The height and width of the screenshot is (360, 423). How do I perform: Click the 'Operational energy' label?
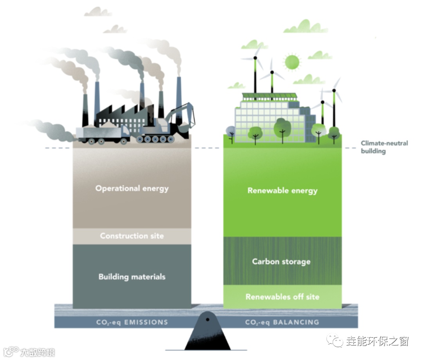coord(132,188)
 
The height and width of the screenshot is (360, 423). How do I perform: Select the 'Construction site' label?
coord(132,236)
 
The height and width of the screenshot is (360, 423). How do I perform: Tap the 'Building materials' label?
coord(132,277)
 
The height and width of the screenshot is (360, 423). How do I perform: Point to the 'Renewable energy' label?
coord(282,191)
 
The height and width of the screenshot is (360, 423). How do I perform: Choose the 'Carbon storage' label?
coord(281,261)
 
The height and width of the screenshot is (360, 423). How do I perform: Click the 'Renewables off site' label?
coord(282,297)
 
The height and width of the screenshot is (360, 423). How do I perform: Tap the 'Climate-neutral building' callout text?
coord(384,147)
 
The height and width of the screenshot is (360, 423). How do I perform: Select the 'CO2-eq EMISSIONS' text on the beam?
coord(132,322)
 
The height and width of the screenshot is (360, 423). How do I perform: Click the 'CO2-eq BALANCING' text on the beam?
coord(282,322)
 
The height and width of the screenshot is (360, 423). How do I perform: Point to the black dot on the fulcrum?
coord(208,319)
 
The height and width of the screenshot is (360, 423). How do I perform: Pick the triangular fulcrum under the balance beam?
coord(207,333)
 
